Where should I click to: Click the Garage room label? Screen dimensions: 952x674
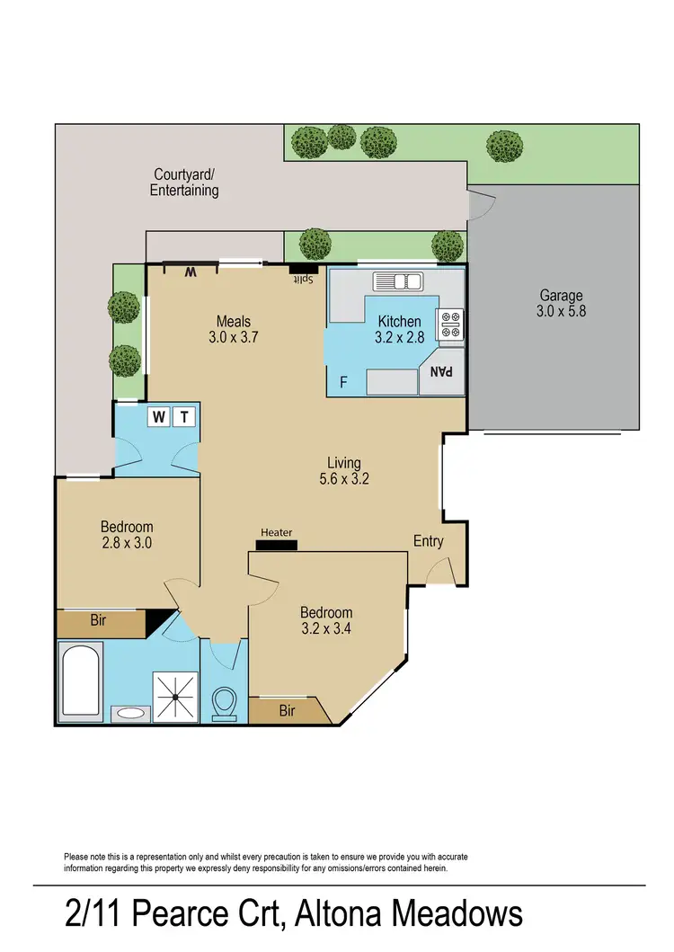pos(561,303)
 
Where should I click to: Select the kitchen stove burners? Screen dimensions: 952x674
pos(449,325)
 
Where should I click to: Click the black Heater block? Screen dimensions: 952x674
pos(276,545)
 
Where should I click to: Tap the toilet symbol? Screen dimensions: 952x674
pos(224,703)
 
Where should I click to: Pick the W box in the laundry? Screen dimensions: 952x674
pos(159,416)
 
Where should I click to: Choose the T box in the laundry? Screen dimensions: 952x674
pos(184,416)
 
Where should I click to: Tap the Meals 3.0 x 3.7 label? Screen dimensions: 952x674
pos(233,329)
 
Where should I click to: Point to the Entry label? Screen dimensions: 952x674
pos(429,540)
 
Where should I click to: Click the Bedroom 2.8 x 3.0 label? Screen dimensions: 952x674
pos(127,535)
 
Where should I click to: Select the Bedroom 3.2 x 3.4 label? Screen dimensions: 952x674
pos(325,620)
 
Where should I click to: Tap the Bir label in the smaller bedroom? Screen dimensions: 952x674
pos(101,619)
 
